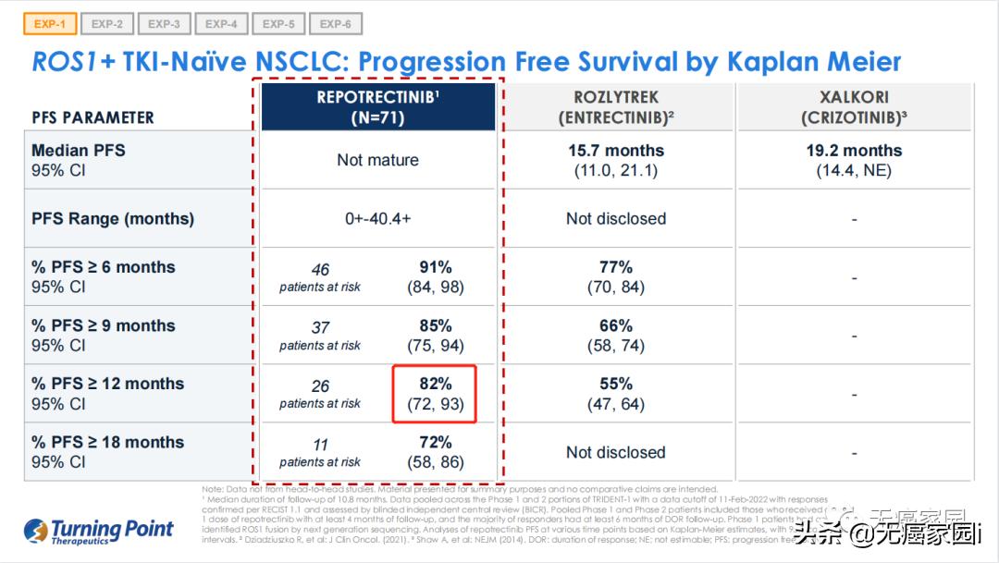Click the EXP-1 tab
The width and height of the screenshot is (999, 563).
click(x=49, y=24)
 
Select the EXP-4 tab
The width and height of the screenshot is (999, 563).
click(x=221, y=24)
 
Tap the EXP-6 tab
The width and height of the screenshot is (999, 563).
click(x=336, y=24)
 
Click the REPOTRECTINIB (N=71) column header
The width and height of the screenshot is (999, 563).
click(x=378, y=107)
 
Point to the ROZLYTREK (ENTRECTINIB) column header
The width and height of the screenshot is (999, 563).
click(x=616, y=107)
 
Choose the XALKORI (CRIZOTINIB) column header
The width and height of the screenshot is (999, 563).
click(x=854, y=107)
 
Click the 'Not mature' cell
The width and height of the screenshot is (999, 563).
click(x=377, y=160)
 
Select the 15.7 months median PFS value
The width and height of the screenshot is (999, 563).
click(x=616, y=151)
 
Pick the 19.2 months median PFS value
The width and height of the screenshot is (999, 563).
click(x=854, y=151)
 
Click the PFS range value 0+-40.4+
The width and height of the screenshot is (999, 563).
click(x=377, y=219)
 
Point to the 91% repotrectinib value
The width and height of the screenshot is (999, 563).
click(x=435, y=267)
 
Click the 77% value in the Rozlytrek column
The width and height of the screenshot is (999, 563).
click(x=616, y=267)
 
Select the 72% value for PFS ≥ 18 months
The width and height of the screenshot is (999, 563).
click(x=435, y=442)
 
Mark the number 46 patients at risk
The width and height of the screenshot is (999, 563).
click(x=320, y=270)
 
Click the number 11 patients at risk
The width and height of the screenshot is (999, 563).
click(x=320, y=445)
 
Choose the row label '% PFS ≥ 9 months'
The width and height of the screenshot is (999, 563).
click(x=104, y=325)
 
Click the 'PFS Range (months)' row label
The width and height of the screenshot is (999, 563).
click(x=113, y=219)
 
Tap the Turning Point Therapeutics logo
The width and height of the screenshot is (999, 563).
click(x=99, y=531)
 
